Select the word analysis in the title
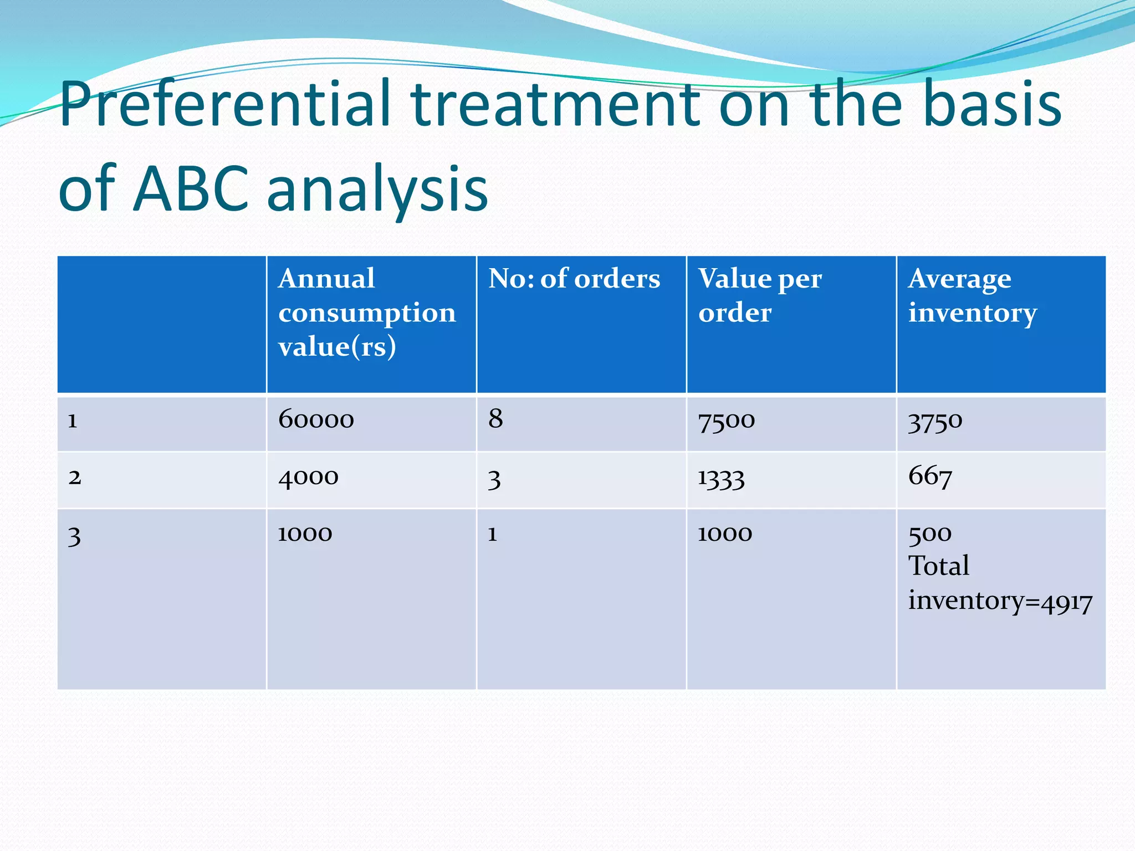pos(377,191)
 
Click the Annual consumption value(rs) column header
pos(366,312)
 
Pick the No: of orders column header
pos(574,279)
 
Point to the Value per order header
pos(759,295)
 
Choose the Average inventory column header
pos(972,295)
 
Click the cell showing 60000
pos(316,419)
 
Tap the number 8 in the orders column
pos(495,419)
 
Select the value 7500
pos(726,421)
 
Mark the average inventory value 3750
pos(935,422)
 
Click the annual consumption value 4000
pos(308,477)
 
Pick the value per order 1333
pos(720,478)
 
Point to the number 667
pos(930,476)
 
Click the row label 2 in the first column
pos(75,477)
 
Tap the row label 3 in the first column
pos(74,536)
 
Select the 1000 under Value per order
pos(724,534)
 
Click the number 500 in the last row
pos(929,534)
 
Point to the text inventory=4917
pos(1000,602)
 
